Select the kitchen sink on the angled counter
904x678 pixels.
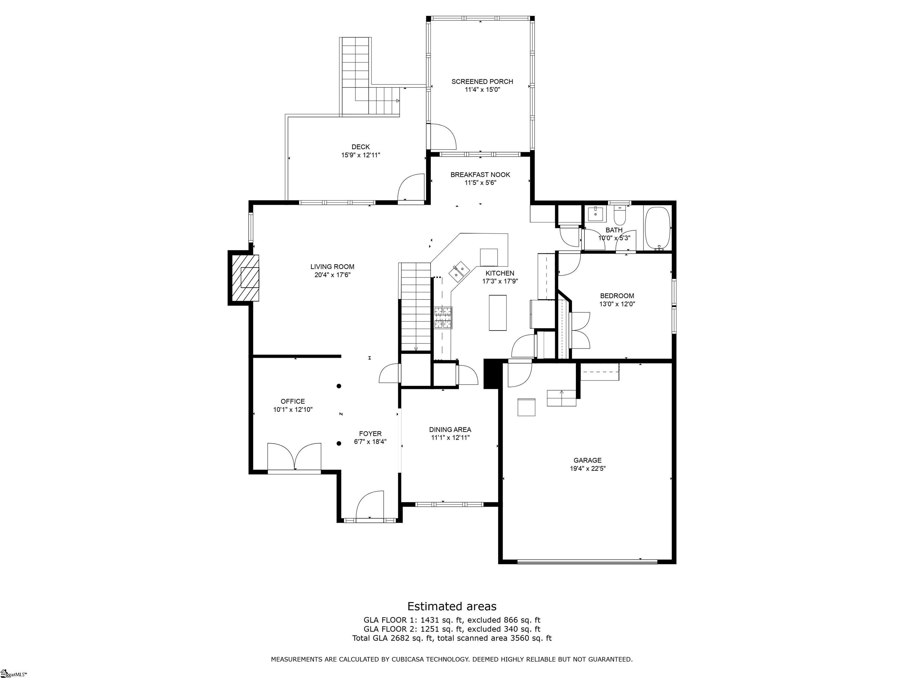(458, 271)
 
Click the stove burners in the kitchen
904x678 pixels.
(443, 318)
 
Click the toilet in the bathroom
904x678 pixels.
(620, 216)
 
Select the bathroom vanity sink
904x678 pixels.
(595, 214)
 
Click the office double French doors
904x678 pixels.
(294, 457)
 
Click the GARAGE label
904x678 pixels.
(587, 460)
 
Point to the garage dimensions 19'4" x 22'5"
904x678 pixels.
(587, 469)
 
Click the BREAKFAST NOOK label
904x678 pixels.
(480, 175)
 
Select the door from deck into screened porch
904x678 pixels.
(442, 137)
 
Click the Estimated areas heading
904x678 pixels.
(452, 606)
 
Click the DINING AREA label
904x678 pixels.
(450, 430)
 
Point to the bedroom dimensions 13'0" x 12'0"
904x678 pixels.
(617, 304)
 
